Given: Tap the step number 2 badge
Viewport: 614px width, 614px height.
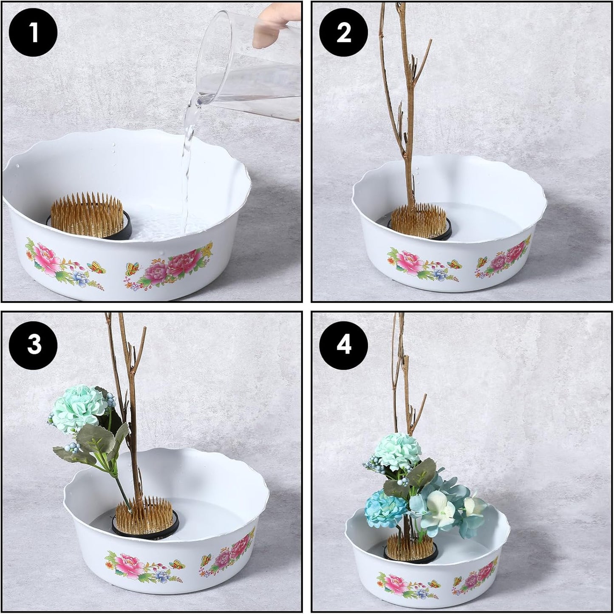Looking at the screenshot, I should [x=343, y=33].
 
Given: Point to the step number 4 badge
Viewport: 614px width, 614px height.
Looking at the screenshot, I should [x=343, y=344].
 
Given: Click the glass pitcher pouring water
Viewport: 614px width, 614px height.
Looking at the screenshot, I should [x=251, y=68].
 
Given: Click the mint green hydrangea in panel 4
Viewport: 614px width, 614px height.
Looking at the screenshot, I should [x=398, y=450].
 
